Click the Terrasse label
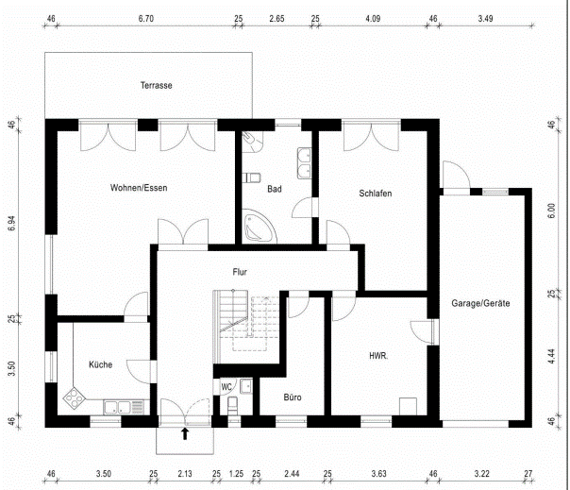click(157, 86)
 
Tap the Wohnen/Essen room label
click(139, 188)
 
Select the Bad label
click(275, 189)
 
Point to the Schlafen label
click(376, 194)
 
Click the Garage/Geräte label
click(480, 303)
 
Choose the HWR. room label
click(378, 356)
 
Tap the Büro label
click(293, 397)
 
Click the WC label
click(226, 387)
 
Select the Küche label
click(101, 364)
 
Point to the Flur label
click(240, 272)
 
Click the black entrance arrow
click(185, 433)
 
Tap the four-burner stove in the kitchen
click(75, 397)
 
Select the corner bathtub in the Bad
click(259, 226)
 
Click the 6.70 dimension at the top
click(145, 19)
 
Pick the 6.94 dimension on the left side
click(12, 223)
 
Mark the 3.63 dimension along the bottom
click(378, 474)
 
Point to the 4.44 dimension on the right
click(551, 357)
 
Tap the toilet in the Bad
click(252, 177)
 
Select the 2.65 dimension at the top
click(277, 19)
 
